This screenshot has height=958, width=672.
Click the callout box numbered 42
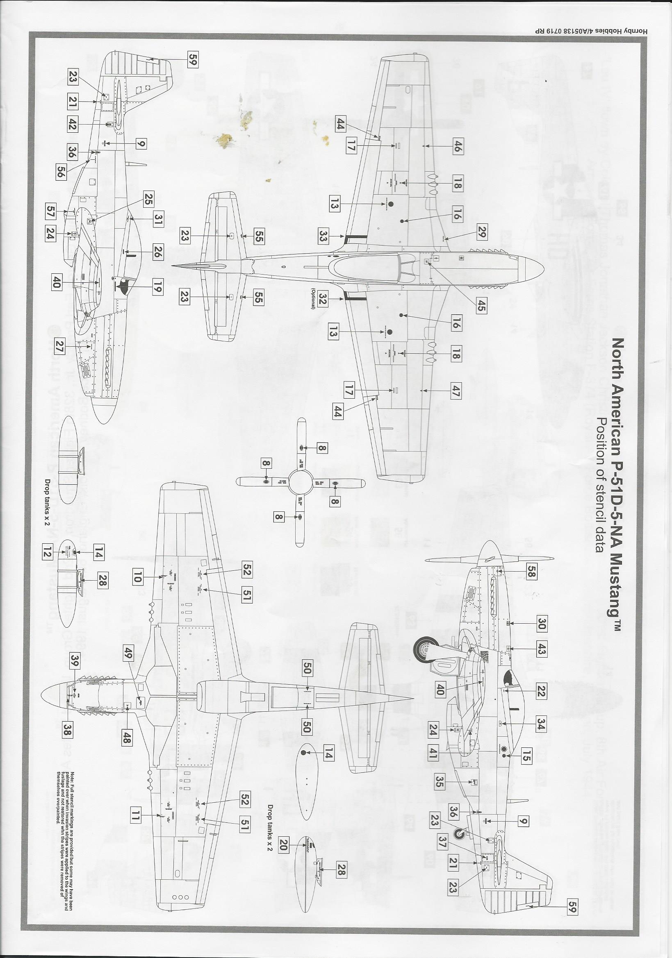pos(72,124)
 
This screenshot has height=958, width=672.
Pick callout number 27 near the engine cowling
pos(59,347)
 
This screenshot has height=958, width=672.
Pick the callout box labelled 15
pos(526,756)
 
